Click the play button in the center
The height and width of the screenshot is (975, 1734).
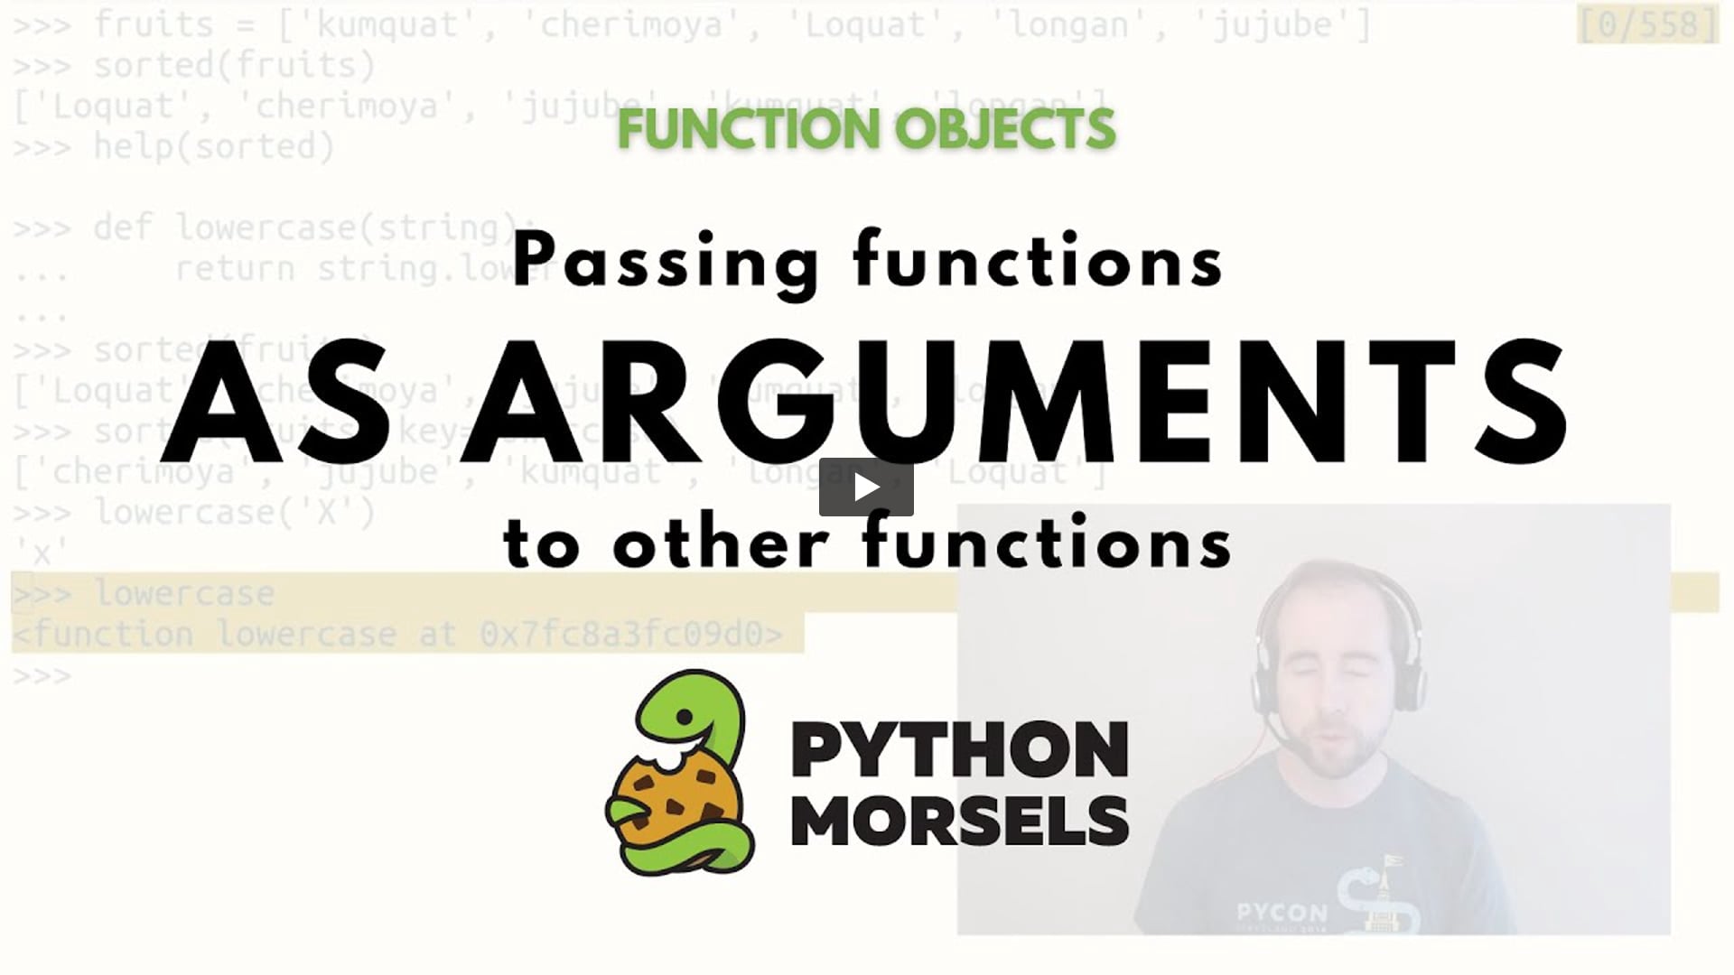pyautogui.click(x=866, y=487)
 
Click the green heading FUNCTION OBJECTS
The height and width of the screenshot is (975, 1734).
pyautogui.click(x=866, y=129)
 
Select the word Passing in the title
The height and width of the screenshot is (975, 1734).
pyautogui.click(x=665, y=262)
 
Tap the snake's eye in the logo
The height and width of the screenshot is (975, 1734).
pyautogui.click(x=685, y=718)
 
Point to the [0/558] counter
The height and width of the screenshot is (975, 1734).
pyautogui.click(x=1648, y=24)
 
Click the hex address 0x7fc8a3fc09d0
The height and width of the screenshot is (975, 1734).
pyautogui.click(x=630, y=635)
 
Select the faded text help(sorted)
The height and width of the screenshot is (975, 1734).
pyautogui.click(x=214, y=146)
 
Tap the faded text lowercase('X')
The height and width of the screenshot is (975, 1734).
pyautogui.click(x=235, y=513)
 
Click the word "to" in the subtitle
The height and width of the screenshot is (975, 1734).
pyautogui.click(x=540, y=544)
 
